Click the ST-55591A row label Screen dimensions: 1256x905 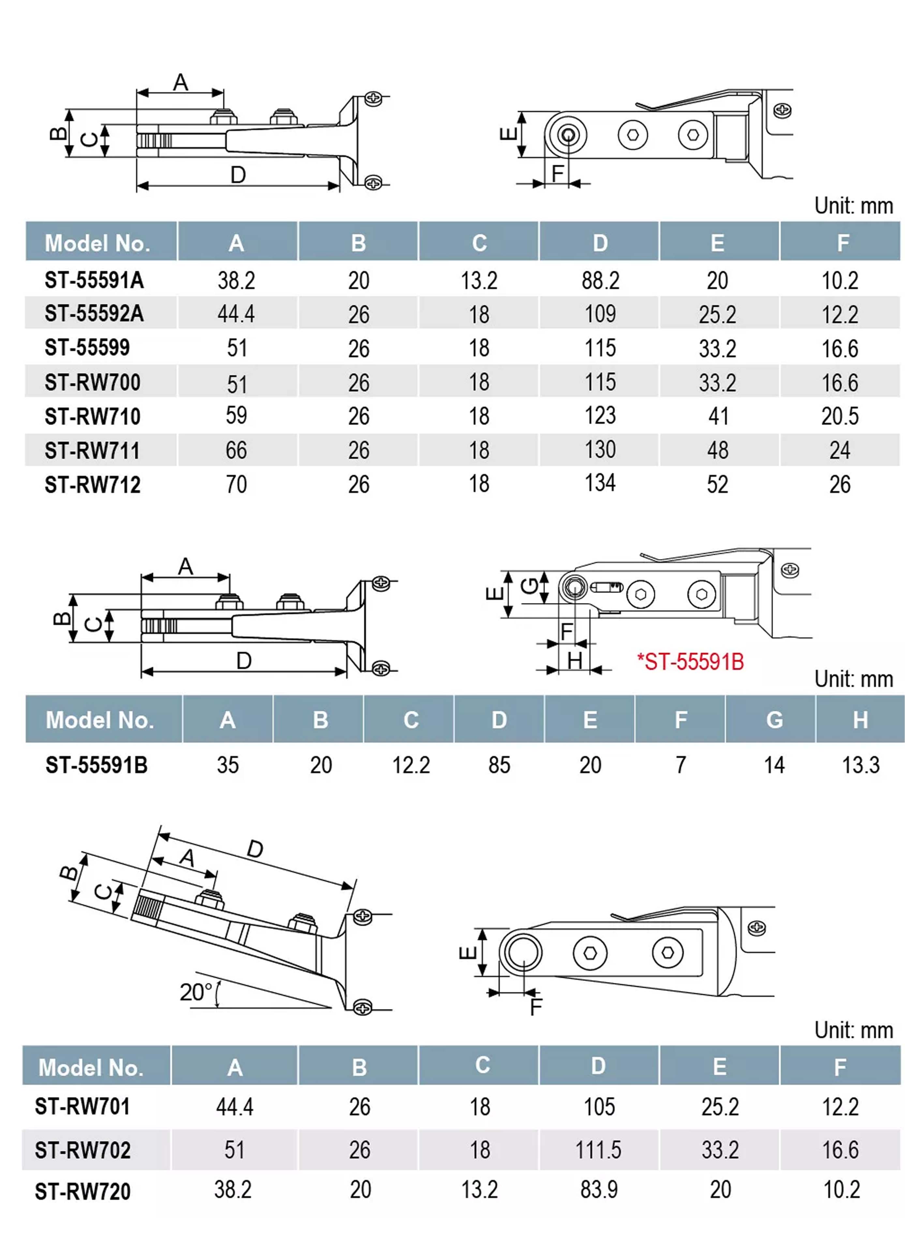coord(94,280)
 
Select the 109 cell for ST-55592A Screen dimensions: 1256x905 coord(600,314)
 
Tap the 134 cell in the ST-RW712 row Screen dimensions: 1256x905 coord(600,483)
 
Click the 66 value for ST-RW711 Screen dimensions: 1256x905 coord(236,450)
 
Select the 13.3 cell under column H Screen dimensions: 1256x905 coord(860,765)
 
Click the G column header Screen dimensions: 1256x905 coord(774,720)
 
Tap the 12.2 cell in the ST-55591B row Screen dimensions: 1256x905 coord(411,765)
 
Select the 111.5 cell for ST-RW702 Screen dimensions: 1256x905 coord(598,1150)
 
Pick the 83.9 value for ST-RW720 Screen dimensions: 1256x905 coord(598,1189)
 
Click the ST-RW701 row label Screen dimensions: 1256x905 coord(82,1107)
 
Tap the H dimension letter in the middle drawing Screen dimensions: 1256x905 coord(574,661)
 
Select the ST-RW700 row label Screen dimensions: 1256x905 coord(93,383)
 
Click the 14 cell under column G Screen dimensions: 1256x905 coord(774,765)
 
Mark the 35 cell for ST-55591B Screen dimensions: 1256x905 coord(228,765)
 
